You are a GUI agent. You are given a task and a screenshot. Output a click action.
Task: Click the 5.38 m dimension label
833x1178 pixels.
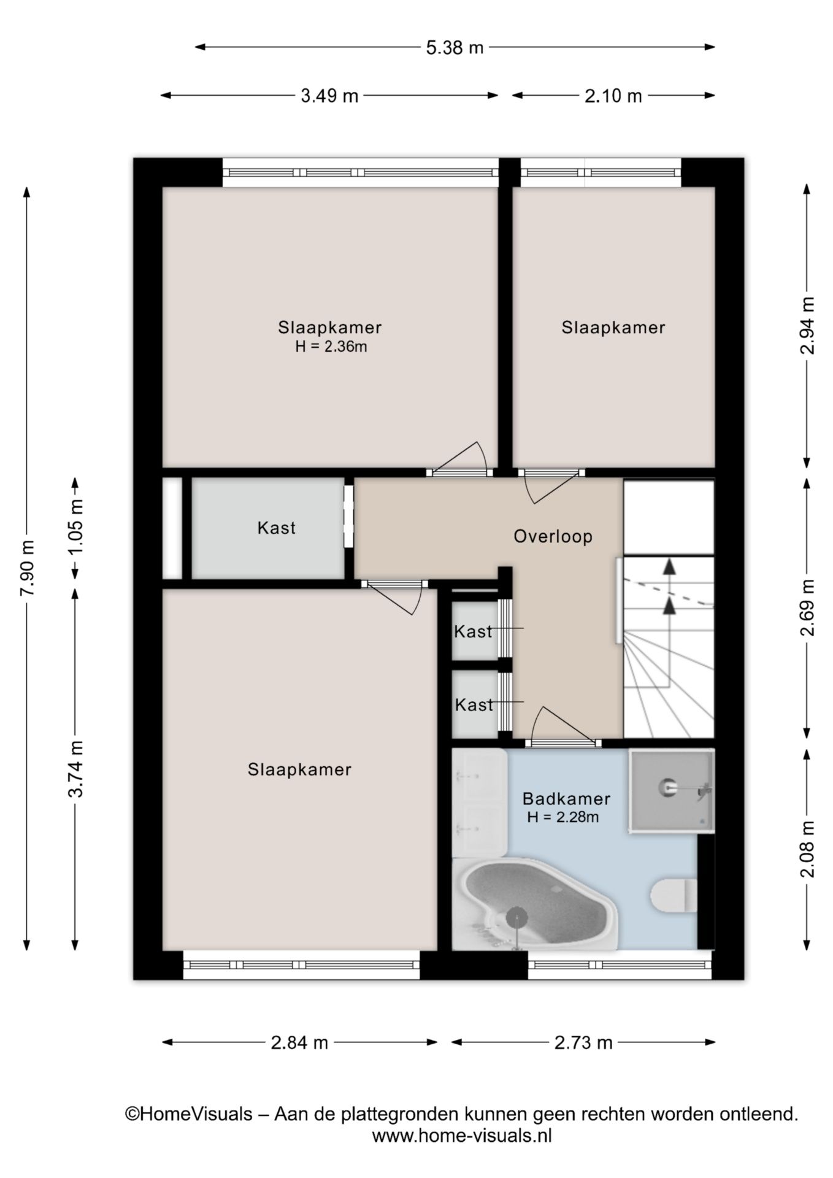pos(455,47)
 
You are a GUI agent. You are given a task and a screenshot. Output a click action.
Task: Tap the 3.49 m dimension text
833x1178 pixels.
pos(329,96)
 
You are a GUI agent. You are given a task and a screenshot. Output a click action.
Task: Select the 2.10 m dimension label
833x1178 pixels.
pos(613,96)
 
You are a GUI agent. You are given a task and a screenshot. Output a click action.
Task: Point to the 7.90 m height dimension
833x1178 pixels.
pos(28,568)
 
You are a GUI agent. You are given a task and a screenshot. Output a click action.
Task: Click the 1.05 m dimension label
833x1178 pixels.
pos(76,528)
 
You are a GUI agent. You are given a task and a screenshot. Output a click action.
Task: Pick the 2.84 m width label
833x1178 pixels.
pos(299,1042)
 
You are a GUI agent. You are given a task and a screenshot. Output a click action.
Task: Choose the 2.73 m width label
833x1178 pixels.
pos(583,1042)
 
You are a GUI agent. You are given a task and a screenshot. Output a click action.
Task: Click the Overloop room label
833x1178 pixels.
pos(553,537)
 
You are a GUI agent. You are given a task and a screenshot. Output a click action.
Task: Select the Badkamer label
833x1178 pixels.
pos(566,799)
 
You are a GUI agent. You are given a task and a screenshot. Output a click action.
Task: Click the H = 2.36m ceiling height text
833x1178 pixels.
pos(331,347)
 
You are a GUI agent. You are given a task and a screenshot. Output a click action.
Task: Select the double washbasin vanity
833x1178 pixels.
pos(479,803)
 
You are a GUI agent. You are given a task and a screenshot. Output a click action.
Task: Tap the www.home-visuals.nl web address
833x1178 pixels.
pos(462,1135)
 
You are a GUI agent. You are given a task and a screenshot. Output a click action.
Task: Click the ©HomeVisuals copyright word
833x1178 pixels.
pos(189,1114)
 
